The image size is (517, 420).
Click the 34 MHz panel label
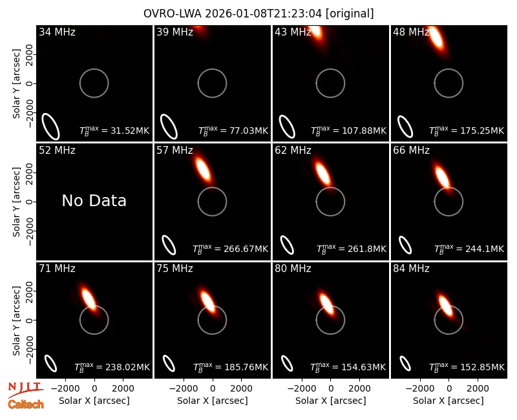click(x=57, y=32)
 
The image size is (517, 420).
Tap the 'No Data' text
click(x=94, y=200)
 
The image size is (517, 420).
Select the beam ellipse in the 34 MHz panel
click(x=50, y=126)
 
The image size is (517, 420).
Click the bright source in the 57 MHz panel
click(x=202, y=169)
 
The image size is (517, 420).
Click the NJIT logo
click(x=25, y=389)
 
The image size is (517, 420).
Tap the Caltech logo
click(x=26, y=404)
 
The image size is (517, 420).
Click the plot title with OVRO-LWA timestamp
click(x=258, y=14)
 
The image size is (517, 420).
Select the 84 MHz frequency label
click(x=411, y=269)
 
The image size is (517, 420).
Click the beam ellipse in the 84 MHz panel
click(x=405, y=363)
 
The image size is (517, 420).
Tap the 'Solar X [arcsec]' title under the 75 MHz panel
click(x=213, y=401)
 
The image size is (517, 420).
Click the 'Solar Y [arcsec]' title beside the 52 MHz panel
click(x=17, y=202)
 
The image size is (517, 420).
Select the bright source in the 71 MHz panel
click(x=89, y=299)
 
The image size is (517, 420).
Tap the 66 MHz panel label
click(x=411, y=151)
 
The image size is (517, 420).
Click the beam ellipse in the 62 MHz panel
click(x=287, y=245)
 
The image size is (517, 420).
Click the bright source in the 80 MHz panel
click(x=326, y=303)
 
